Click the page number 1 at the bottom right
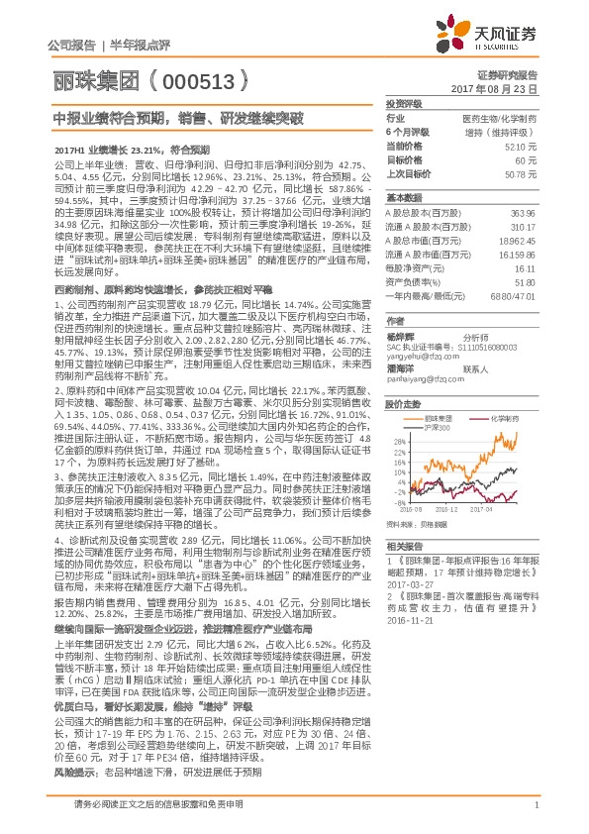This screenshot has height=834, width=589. [x=536, y=817]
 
